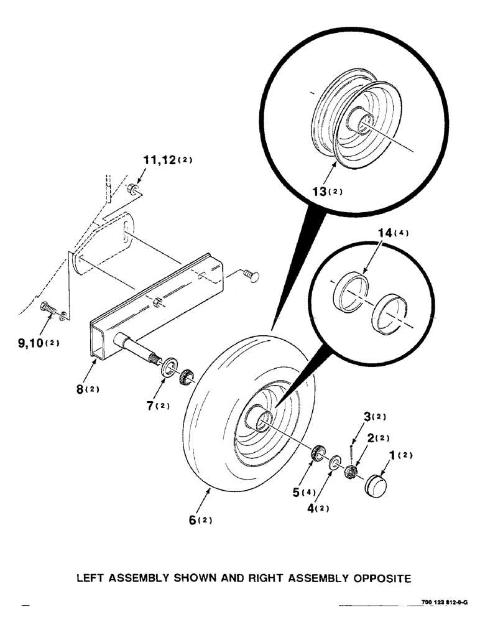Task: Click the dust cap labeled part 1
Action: tap(376, 483)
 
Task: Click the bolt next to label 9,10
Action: tap(50, 307)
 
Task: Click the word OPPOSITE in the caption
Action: tap(376, 578)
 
